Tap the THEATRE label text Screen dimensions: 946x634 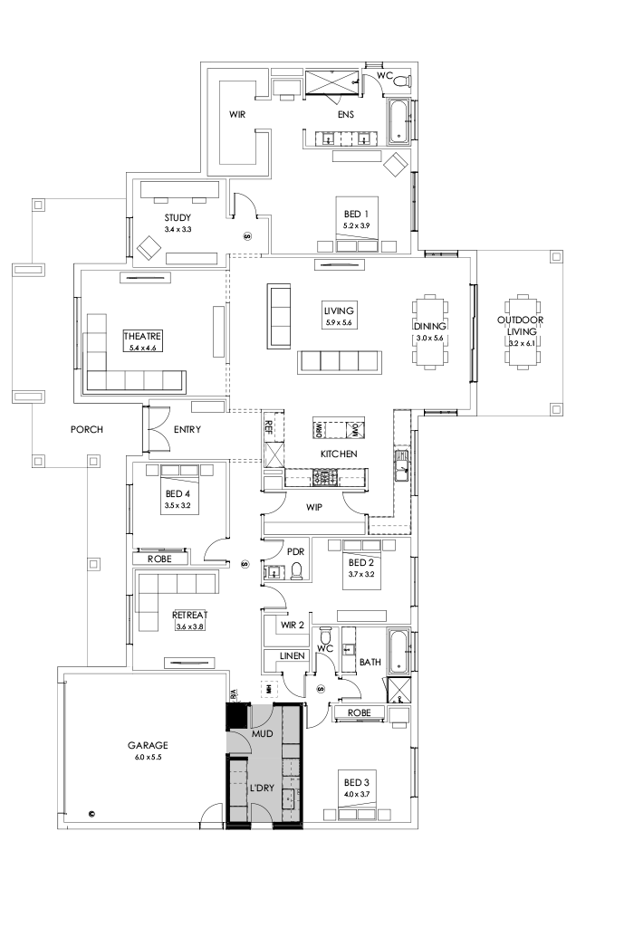tap(141, 336)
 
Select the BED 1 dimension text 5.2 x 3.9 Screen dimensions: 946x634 tap(356, 225)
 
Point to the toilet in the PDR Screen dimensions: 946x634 tap(295, 571)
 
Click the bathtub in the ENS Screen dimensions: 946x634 tap(399, 122)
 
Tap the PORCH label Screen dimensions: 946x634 tap(87, 429)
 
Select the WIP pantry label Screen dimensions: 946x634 tap(314, 508)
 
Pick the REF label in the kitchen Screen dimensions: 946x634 tap(268, 425)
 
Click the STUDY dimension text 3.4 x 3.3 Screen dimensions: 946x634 tap(177, 230)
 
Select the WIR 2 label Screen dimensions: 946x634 tap(292, 625)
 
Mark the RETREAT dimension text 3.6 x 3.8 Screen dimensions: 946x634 tap(190, 626)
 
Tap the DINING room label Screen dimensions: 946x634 tap(427, 326)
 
